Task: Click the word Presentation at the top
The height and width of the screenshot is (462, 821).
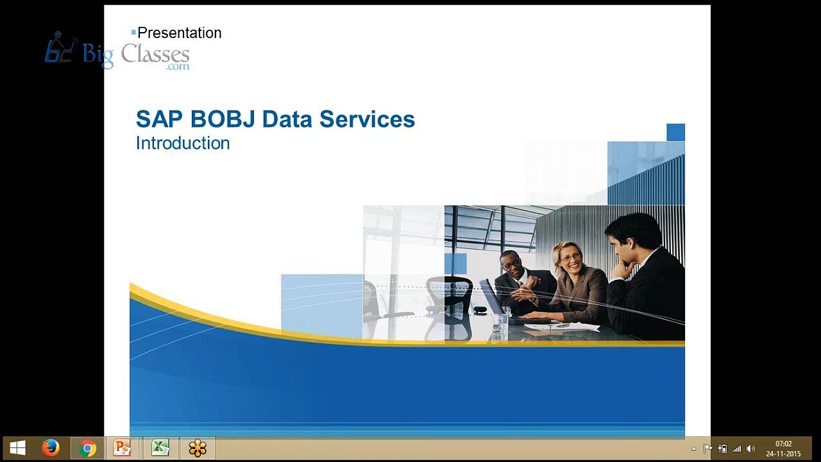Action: coord(179,33)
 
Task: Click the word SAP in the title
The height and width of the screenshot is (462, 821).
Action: coord(159,119)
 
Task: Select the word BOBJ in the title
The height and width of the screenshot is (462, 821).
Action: coord(223,119)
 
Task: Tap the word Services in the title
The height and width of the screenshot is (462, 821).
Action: coord(367,119)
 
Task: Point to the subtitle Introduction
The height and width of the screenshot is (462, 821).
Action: coord(183,143)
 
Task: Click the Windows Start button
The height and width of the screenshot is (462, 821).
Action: coord(17,448)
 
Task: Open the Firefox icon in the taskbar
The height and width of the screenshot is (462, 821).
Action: coord(51,448)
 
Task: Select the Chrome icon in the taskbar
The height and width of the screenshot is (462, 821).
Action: coord(87,449)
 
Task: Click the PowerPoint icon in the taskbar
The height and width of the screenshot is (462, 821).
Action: coord(122,448)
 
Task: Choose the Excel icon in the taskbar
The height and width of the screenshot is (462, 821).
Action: coord(160,448)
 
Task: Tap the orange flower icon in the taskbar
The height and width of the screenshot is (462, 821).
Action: coord(198,449)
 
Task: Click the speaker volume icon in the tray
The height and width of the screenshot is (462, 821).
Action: coord(750,449)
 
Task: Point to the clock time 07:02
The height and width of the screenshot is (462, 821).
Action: coord(784,443)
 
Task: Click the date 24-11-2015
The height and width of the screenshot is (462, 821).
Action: coord(784,454)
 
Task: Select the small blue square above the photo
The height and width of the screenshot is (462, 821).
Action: coord(675,132)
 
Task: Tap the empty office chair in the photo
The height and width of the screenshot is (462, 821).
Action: coord(450,307)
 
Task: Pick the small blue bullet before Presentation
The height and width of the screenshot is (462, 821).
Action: coord(133,32)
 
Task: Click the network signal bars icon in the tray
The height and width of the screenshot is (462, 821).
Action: coord(736,449)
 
